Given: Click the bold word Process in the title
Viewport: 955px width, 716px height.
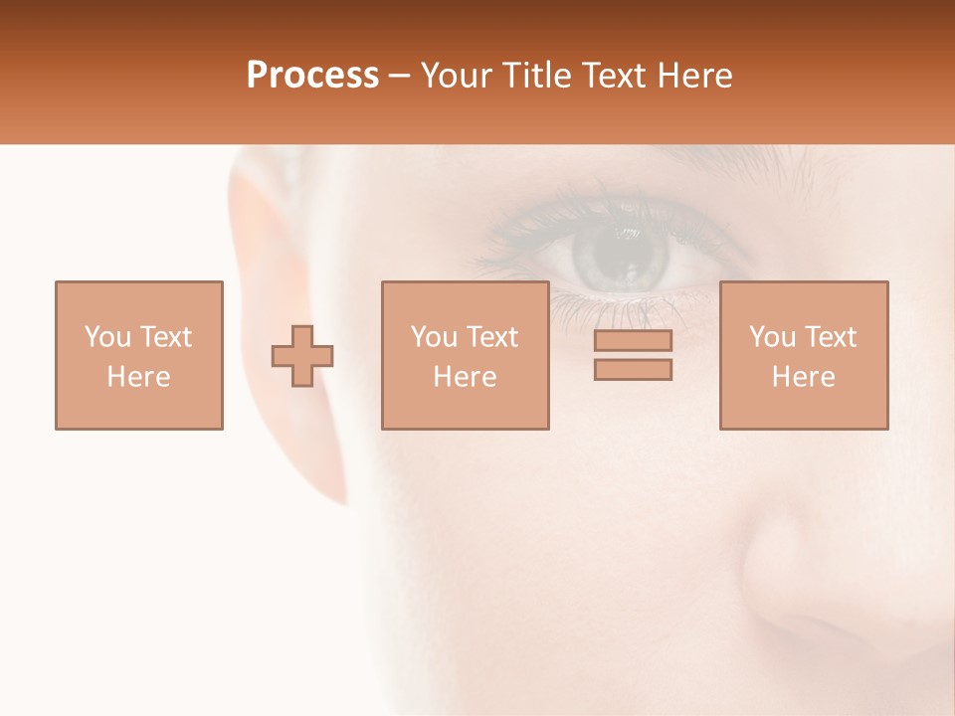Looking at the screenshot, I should coord(312,76).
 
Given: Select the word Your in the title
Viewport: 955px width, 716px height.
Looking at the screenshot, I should coord(457,76).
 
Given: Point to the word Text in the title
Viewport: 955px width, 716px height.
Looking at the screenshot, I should coord(614,76).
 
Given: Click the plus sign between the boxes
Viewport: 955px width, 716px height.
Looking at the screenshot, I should coord(302,356).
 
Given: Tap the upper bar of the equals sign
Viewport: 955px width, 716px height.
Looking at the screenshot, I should coord(633,341).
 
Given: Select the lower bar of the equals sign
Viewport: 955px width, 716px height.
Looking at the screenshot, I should coord(633,370).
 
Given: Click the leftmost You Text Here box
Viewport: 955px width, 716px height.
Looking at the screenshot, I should coord(139,355).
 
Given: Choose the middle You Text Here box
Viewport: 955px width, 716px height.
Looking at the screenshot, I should coord(465,355).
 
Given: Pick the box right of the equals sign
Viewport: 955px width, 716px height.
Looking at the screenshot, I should coord(804,355).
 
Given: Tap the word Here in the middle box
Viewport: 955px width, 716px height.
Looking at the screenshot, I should coord(465,377).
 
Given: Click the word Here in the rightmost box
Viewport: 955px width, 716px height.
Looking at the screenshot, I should coord(804,377).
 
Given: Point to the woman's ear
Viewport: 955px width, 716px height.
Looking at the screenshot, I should coord(279,288).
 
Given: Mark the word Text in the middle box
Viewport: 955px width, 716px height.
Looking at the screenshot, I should coord(492,337).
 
